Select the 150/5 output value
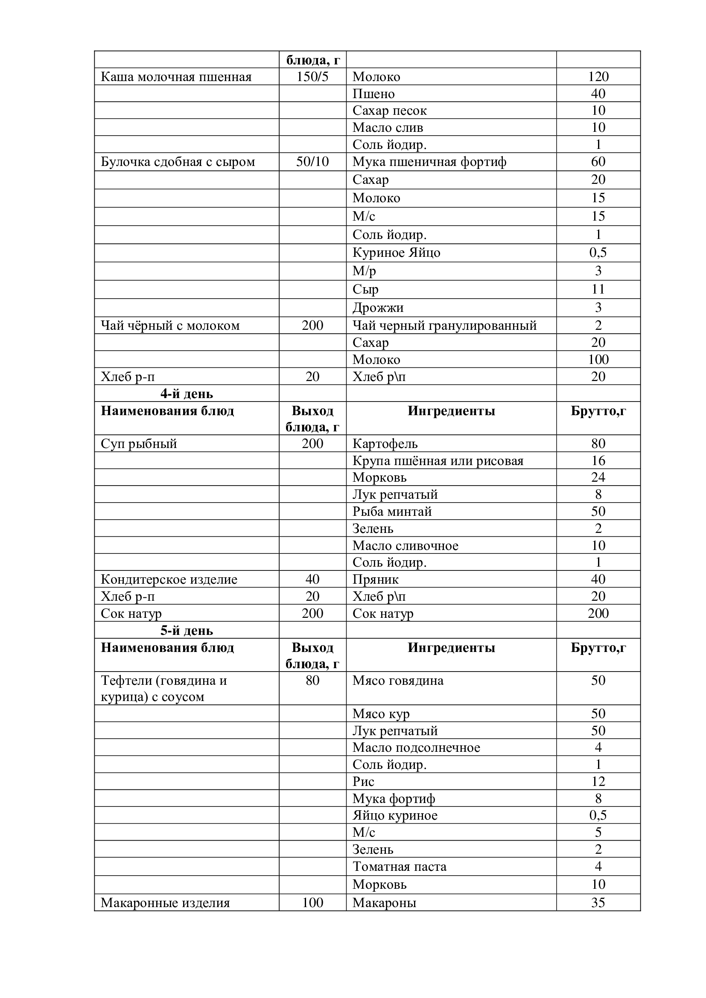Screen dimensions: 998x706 click(x=312, y=77)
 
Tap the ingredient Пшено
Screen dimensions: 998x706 click(x=373, y=94)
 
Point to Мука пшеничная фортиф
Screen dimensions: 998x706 click(x=429, y=162)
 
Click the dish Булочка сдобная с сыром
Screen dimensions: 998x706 click(x=178, y=162)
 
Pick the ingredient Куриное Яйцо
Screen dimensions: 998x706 click(x=396, y=253)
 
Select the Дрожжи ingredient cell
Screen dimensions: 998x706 click(x=378, y=308)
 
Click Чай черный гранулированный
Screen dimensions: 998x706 click(x=444, y=326)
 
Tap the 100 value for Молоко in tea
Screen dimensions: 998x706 click(x=598, y=359)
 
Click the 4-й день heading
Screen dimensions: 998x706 click(x=187, y=394)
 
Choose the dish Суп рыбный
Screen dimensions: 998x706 click(x=139, y=444)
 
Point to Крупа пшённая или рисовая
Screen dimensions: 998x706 click(x=438, y=461)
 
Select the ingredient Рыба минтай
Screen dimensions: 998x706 click(x=392, y=512)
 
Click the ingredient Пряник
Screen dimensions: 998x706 click(x=375, y=579)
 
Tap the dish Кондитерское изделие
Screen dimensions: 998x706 click(x=169, y=579)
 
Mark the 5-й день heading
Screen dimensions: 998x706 click(x=187, y=631)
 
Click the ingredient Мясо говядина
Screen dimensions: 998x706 click(x=398, y=681)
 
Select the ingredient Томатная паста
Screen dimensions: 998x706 click(x=399, y=867)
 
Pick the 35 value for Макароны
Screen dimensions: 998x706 click(x=598, y=903)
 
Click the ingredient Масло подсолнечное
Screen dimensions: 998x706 click(x=416, y=748)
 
